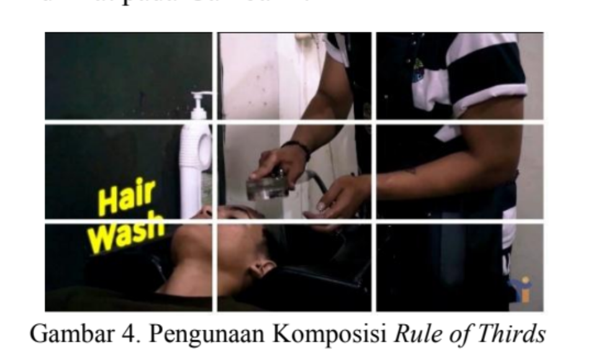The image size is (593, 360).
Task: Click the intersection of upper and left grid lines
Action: click(215, 122)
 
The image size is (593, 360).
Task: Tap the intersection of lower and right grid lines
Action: click(373, 221)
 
